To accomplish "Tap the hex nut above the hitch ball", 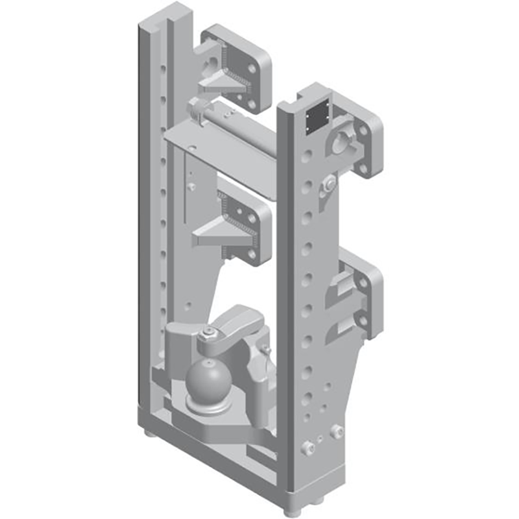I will pyautogui.click(x=209, y=333).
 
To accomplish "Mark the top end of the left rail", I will pyautogui.click(x=159, y=16).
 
